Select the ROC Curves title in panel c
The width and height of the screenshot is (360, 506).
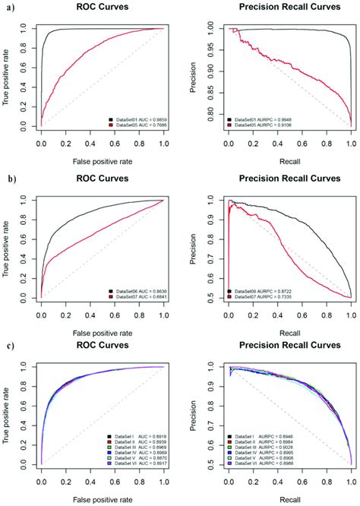(x=108, y=352)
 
